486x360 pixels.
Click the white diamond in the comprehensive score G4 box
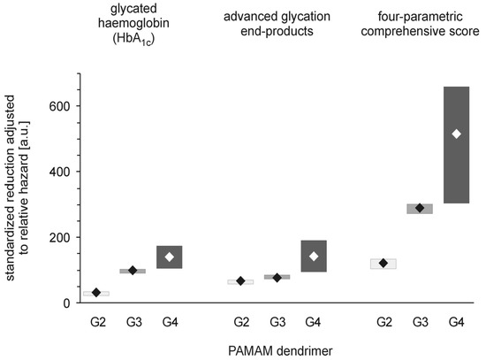point(456,134)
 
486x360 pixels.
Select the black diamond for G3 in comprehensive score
point(420,208)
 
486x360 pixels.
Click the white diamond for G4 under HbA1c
point(169,257)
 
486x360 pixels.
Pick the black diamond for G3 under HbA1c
point(133,270)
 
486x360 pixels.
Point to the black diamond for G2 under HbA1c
point(96,292)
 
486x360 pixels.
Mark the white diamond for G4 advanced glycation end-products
point(313,257)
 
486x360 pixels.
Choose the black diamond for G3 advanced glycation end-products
point(277,277)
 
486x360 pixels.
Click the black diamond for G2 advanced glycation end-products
point(240,281)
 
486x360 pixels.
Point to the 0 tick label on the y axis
point(65,303)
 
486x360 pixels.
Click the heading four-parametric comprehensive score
point(420,18)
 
